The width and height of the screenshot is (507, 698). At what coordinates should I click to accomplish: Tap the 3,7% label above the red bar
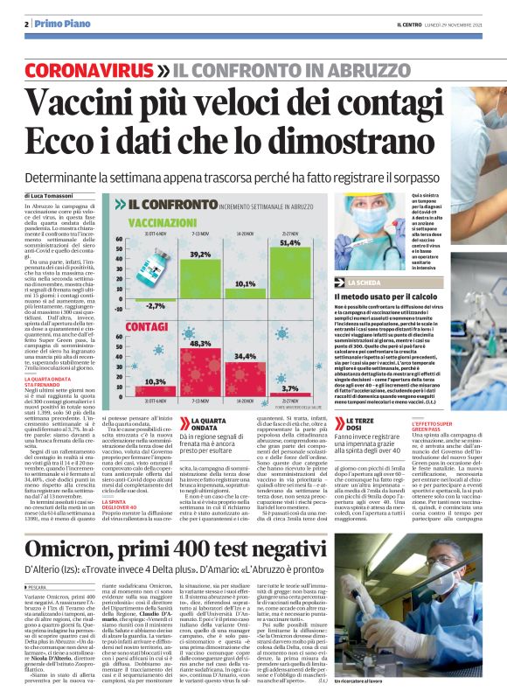pos(289,387)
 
